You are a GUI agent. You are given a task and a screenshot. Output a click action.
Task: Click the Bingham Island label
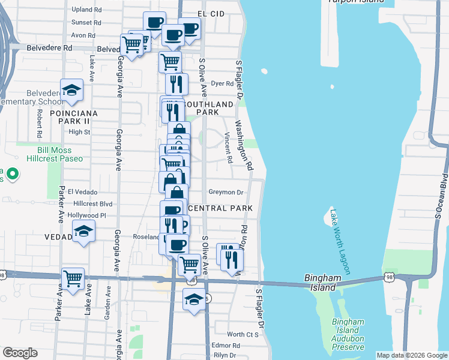(325, 282)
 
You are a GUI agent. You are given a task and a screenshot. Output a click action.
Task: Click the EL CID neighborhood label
(214, 13)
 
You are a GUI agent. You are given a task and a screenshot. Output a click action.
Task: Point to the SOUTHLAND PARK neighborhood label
(207, 108)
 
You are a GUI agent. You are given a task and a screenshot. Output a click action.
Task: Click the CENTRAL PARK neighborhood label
(218, 208)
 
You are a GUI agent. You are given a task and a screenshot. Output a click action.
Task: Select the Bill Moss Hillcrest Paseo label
(55, 154)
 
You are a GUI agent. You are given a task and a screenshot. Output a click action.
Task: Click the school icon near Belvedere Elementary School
(72, 91)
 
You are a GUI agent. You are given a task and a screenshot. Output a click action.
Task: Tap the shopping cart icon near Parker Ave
(73, 279)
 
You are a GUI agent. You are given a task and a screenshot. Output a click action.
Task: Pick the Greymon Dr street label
(226, 193)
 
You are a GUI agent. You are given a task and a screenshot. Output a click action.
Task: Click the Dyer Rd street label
(222, 83)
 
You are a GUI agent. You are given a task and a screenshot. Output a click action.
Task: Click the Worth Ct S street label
(243, 334)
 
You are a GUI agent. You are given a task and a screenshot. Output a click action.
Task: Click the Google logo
(20, 353)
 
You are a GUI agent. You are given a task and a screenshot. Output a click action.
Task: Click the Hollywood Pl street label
(87, 215)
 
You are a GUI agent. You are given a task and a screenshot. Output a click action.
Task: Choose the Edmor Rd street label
(226, 346)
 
